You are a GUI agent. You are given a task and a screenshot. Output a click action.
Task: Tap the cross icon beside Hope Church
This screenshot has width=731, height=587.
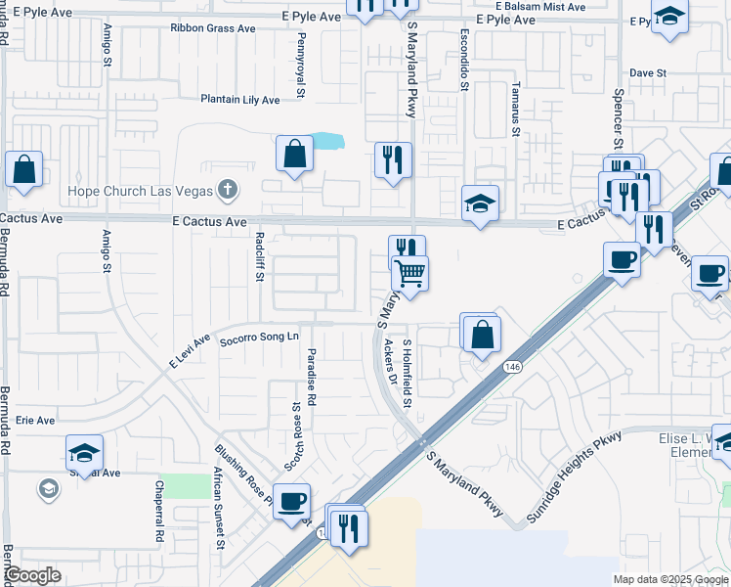pos(227,188)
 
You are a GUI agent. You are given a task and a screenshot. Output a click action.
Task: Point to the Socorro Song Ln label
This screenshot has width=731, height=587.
pos(259,338)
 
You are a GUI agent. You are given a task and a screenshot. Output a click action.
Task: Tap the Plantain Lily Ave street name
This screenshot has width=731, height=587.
pos(240,100)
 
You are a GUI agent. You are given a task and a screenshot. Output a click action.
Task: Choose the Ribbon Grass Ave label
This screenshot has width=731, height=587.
pos(212,28)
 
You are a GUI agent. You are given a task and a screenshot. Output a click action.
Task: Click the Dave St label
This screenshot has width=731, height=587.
pos(647,73)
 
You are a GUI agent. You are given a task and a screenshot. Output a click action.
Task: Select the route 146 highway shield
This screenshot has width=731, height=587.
pos(513,366)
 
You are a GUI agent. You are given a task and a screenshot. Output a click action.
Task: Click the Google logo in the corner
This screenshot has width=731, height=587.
pos(33,575)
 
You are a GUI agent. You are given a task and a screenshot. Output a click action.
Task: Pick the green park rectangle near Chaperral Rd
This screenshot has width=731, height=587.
pos(186,486)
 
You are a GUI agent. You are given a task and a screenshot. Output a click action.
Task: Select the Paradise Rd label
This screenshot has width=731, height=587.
pos(312,378)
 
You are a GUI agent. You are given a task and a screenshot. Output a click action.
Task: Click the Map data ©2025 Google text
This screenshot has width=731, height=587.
pos(669,579)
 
